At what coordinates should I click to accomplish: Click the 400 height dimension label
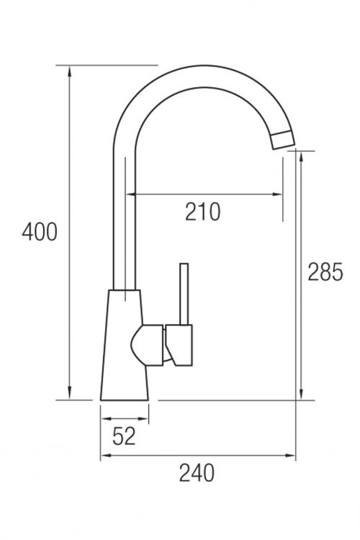click(40, 232)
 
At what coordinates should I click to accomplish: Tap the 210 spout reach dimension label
click(202, 212)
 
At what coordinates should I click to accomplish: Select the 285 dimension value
click(325, 271)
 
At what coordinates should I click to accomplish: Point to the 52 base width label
click(124, 436)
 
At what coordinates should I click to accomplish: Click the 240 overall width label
click(197, 473)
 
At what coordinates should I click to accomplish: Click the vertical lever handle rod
click(184, 294)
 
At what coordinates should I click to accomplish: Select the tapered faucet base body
click(125, 345)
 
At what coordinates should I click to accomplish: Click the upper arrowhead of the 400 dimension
click(70, 72)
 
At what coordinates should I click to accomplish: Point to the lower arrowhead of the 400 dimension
click(70, 393)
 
